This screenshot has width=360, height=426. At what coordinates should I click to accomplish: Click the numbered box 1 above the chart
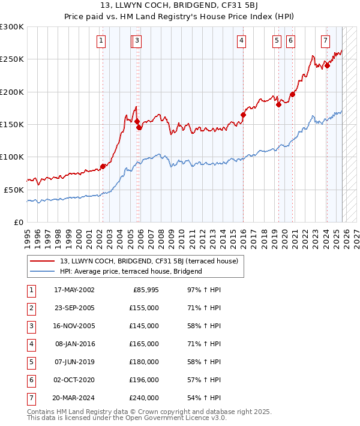pyautogui.click(x=100, y=41)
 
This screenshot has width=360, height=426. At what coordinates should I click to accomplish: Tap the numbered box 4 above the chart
pyautogui.click(x=241, y=41)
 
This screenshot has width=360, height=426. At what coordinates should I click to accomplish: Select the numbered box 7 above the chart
pyautogui.click(x=325, y=41)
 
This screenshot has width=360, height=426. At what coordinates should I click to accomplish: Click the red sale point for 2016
pyautogui.click(x=243, y=115)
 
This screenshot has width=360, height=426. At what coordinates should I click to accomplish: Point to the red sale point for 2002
pyautogui.click(x=103, y=166)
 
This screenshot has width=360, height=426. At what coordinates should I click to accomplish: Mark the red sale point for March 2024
pyautogui.click(x=327, y=66)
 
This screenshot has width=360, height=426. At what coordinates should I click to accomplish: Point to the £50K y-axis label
pyautogui.click(x=14, y=189)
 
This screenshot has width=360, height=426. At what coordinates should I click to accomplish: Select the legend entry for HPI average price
pyautogui.click(x=131, y=271)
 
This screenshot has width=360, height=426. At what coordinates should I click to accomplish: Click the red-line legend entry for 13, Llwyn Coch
pyautogui.click(x=149, y=261)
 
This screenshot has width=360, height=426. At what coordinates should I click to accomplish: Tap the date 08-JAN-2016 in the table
pyautogui.click(x=74, y=344)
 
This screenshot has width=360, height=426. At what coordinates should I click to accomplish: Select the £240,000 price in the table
pyautogui.click(x=142, y=398)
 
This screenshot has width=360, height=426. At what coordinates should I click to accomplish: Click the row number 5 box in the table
pyautogui.click(x=31, y=362)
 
